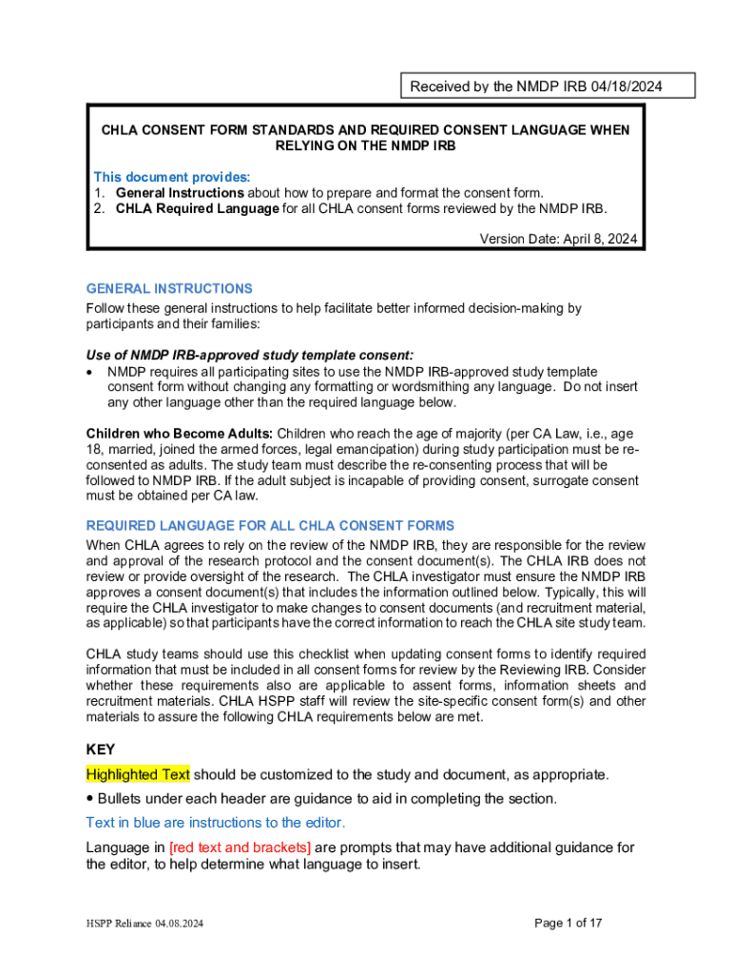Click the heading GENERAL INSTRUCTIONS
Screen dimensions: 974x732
[x=169, y=288]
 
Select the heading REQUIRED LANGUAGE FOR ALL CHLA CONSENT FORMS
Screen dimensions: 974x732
[x=270, y=525]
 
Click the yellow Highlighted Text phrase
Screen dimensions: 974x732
[x=138, y=774]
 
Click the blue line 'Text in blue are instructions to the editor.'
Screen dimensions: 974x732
[x=216, y=822]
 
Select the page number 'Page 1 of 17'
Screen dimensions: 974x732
[x=568, y=923]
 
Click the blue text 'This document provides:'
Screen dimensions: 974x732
[x=171, y=177]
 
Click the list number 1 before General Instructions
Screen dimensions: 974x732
[x=98, y=192]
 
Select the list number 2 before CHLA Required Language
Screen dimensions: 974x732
[x=98, y=208]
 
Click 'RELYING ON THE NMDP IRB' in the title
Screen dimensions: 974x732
[x=366, y=146]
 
